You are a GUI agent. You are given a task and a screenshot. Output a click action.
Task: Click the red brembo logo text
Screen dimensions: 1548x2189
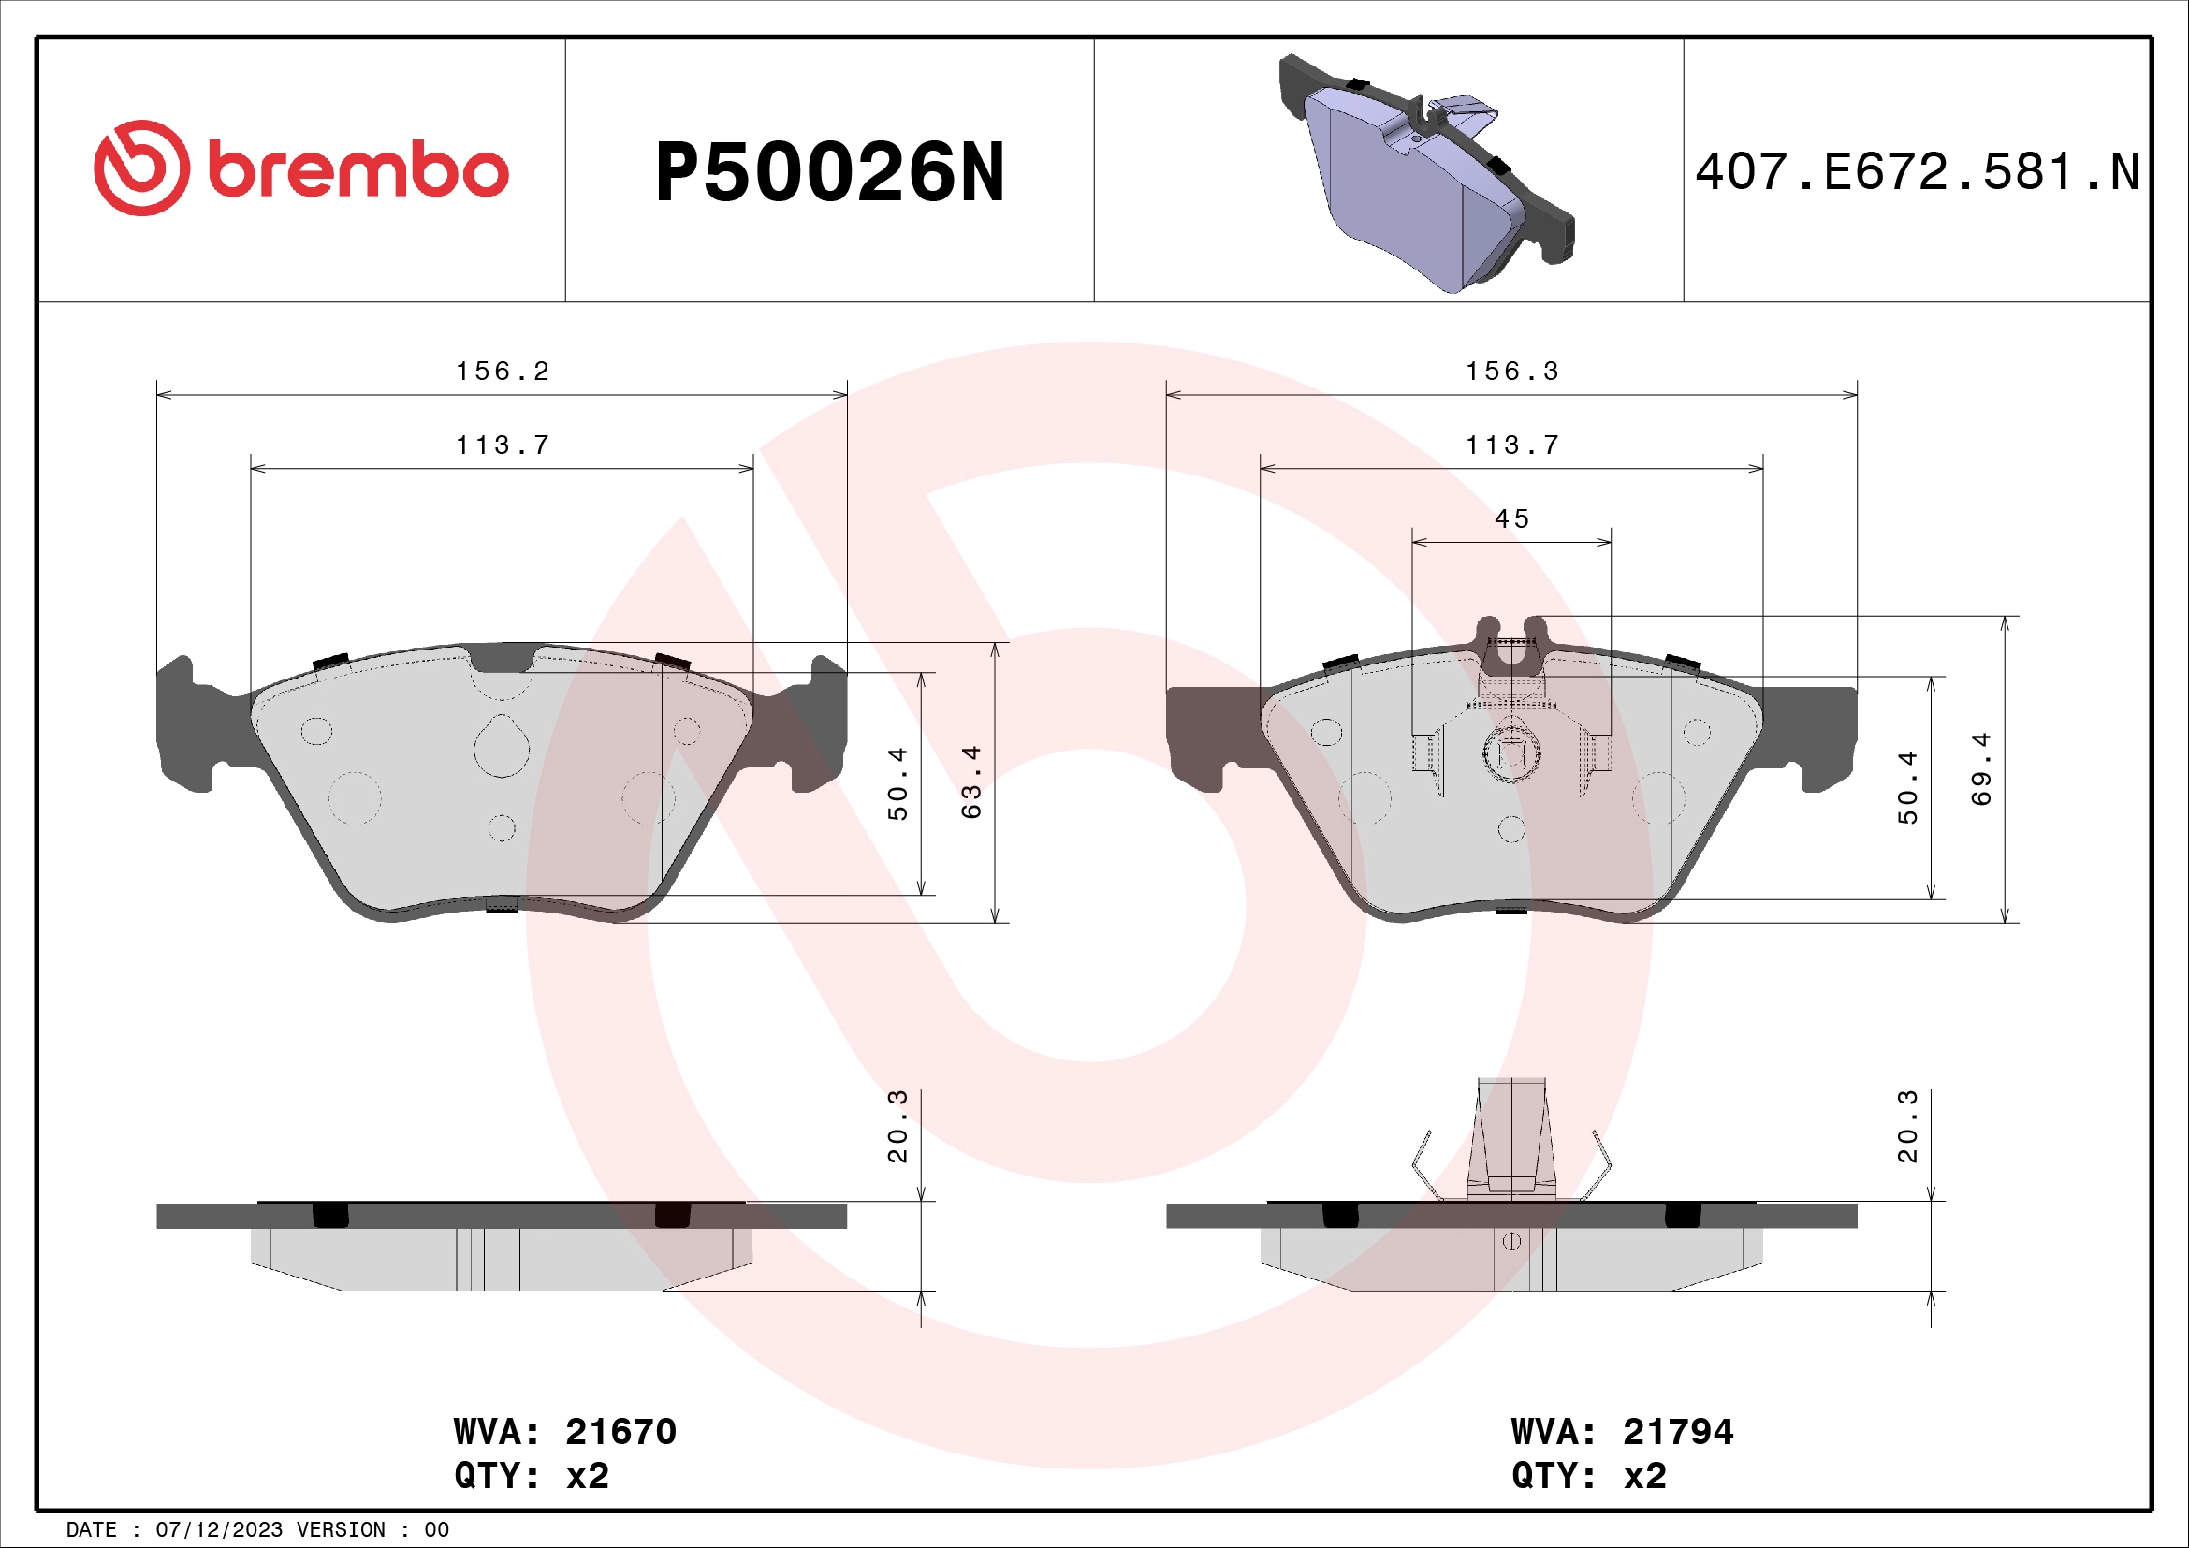(x=358, y=171)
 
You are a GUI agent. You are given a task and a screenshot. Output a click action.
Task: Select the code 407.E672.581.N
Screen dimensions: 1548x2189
(x=1918, y=172)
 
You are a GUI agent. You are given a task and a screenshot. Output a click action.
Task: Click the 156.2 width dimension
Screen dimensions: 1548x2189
(x=503, y=372)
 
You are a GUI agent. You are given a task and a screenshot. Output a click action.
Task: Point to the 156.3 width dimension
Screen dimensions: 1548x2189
(x=1512, y=372)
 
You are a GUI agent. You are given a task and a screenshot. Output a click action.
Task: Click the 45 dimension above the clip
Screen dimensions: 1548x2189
(x=1511, y=519)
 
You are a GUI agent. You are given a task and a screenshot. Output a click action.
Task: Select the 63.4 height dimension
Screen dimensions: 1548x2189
(x=970, y=781)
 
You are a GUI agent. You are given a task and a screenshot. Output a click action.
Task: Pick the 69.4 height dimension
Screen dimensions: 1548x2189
(x=1981, y=768)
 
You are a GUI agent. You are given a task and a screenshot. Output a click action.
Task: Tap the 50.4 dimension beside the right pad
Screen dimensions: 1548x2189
(x=1906, y=786)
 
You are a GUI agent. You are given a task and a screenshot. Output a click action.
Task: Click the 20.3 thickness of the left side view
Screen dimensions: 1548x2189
(x=897, y=1127)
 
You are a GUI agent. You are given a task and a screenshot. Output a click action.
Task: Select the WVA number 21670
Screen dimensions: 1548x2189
(x=620, y=1432)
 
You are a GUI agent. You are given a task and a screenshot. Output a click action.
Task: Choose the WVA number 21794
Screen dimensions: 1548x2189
(x=1678, y=1432)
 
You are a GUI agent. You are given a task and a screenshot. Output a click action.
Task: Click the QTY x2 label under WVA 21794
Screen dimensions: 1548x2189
(x=1588, y=1476)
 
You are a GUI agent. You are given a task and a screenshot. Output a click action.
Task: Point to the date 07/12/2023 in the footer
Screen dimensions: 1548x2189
(x=218, y=1530)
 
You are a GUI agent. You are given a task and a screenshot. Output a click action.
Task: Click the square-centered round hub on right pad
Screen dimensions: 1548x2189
(x=1512, y=753)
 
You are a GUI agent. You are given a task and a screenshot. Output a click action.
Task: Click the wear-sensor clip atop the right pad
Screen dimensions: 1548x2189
(x=1511, y=653)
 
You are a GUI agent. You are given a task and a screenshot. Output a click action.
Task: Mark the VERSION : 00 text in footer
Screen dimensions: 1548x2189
(x=372, y=1530)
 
